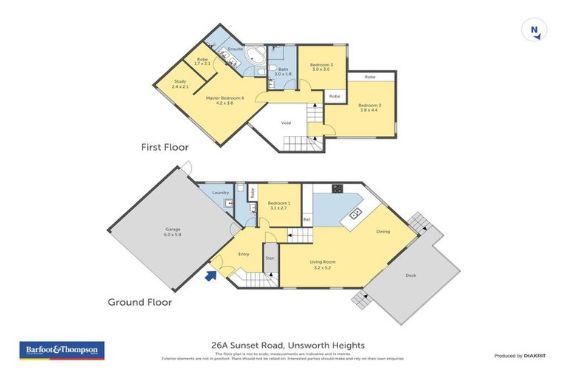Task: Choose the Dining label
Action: coord(382,232)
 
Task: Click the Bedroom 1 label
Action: coord(278,206)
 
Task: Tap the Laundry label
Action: coord(221,193)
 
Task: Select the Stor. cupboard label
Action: coord(270,258)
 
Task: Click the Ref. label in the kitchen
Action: coord(306,219)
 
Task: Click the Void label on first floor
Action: coord(288,124)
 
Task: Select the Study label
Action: coord(181,83)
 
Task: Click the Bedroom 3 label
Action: coord(321,67)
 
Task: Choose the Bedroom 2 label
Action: coord(369,108)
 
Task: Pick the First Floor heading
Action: coord(165,147)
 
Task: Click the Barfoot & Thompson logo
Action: coord(61,350)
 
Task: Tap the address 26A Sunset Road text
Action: coord(283,345)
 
